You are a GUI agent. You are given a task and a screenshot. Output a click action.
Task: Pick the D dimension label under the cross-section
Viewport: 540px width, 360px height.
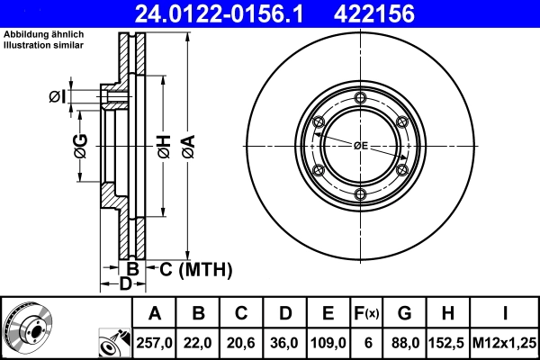pyautogui.click(x=127, y=284)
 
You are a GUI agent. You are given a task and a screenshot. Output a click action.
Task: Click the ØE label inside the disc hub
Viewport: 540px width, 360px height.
pyautogui.click(x=360, y=145)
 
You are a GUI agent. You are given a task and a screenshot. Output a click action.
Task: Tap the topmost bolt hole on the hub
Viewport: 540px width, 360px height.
pyautogui.click(x=360, y=98)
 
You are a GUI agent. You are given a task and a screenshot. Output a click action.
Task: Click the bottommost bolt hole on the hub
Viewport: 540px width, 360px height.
pyautogui.click(x=360, y=194)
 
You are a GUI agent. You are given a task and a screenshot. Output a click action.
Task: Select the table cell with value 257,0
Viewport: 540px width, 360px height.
pyautogui.click(x=155, y=342)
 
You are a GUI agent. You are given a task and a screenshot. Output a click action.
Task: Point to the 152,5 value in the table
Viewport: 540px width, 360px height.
pyautogui.click(x=447, y=342)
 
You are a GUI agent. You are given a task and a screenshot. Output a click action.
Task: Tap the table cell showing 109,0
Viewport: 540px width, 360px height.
pyautogui.click(x=328, y=342)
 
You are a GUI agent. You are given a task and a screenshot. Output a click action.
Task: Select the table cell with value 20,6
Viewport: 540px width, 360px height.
pyautogui.click(x=241, y=342)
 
